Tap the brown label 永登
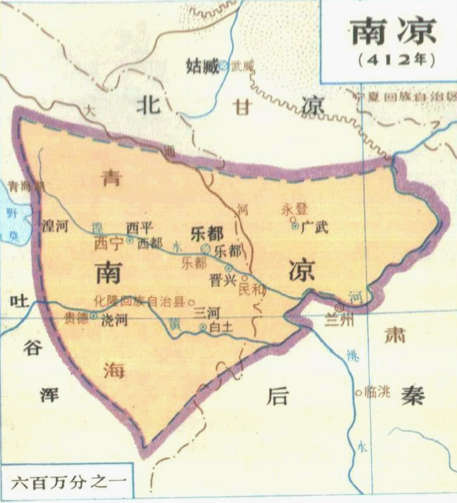pos(294,209)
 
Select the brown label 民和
pos(251,289)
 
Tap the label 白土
pos(224,327)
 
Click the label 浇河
pos(113,320)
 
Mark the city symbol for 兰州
pos(340,307)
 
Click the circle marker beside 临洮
pos(358,393)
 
